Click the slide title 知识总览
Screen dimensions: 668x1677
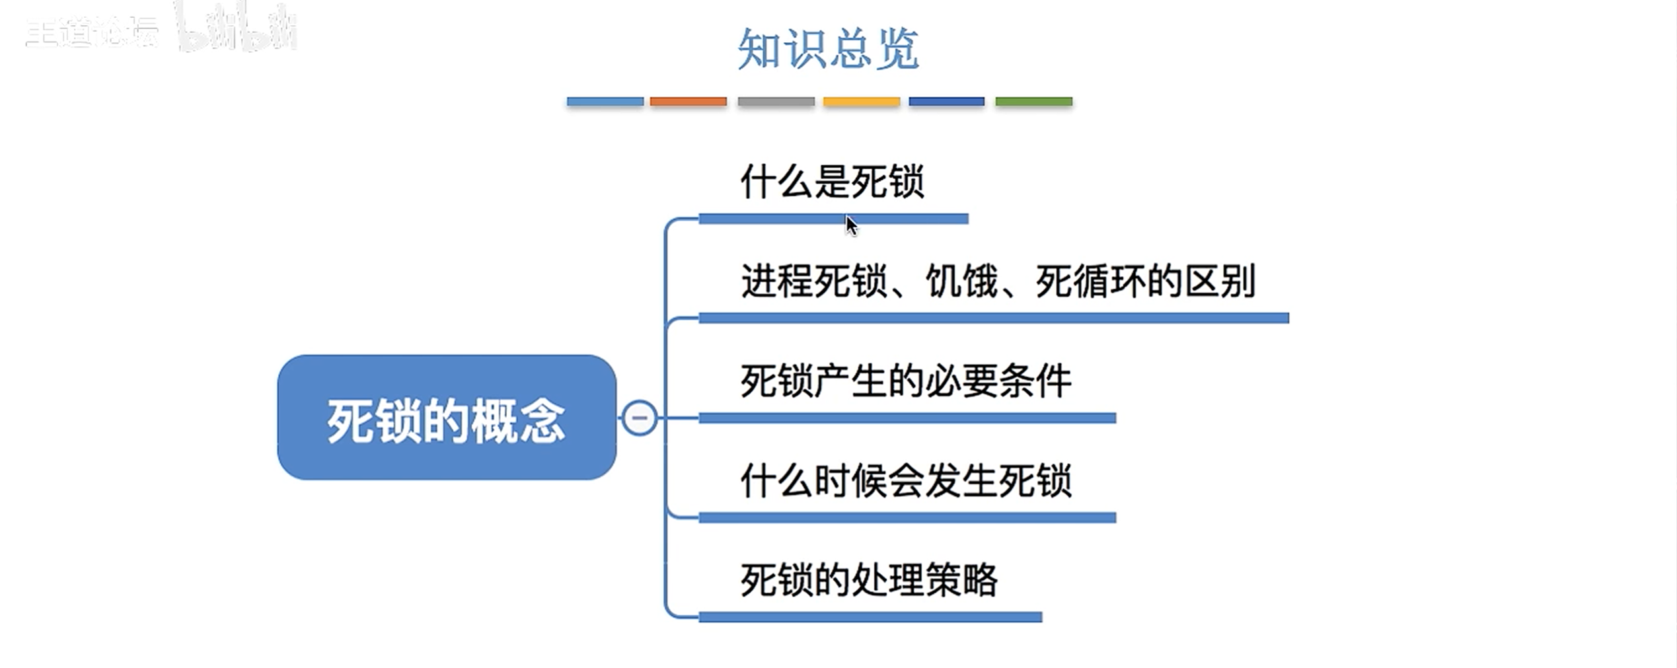828,49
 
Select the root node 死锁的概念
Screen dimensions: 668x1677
447,418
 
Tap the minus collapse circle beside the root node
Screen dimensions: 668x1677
639,418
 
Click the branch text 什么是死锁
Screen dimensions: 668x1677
832,182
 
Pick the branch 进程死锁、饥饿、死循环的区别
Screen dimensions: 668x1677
998,281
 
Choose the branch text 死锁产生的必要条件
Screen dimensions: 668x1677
905,381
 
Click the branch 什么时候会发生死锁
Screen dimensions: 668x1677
905,481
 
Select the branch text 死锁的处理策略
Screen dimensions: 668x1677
868,580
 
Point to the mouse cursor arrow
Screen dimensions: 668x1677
850,225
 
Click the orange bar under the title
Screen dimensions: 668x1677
688,102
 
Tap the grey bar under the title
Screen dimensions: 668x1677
776,102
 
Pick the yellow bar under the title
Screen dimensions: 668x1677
861,102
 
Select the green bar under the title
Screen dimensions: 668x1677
1033,102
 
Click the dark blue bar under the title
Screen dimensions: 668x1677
946,102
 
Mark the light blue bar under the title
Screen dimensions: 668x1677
605,102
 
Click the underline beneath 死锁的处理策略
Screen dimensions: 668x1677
870,617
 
